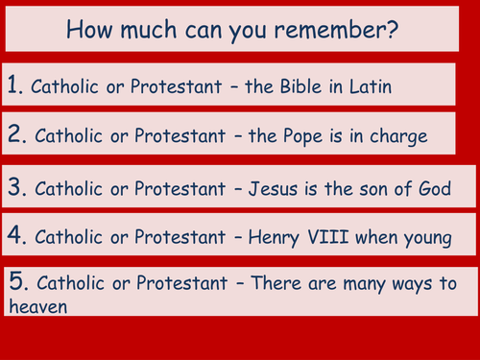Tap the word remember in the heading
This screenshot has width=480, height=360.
(x=339, y=28)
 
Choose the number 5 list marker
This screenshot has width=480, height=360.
(x=17, y=284)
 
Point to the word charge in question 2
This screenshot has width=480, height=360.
(x=402, y=137)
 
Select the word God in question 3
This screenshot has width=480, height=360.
(x=434, y=188)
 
